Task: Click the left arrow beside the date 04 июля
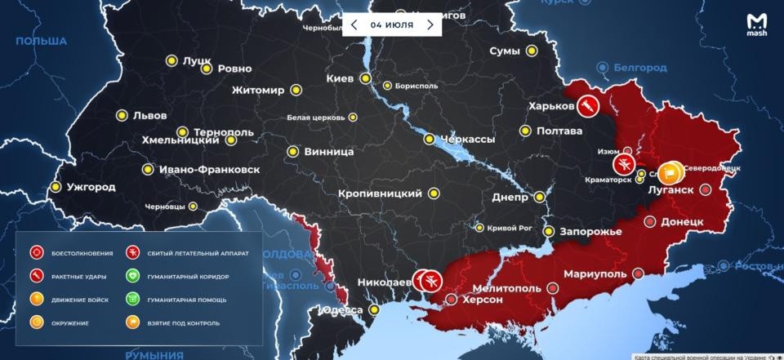point(354,24)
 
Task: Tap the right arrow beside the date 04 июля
point(430,24)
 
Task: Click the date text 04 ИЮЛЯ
point(391,24)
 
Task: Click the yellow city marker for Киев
point(366,79)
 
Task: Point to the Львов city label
point(149,115)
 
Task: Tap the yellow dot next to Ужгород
point(56,187)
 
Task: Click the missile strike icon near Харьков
point(586,105)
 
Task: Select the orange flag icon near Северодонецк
point(670,171)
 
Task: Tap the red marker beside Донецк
point(650,221)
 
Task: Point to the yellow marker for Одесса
point(374,310)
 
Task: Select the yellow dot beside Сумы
point(532,51)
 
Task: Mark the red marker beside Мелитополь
point(553,287)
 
